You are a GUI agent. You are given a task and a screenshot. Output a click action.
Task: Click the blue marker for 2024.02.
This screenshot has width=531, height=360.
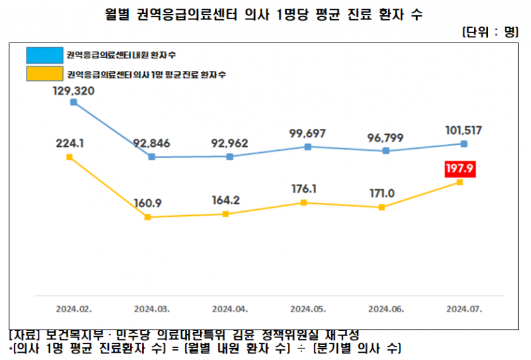tap(74, 102)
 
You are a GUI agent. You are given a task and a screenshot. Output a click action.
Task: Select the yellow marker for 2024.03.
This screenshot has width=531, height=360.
tap(147, 217)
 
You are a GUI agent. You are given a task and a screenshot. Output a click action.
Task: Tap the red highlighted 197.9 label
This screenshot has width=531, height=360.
tap(460, 169)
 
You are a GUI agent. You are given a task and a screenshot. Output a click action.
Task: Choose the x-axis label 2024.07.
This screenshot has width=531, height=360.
tap(464, 309)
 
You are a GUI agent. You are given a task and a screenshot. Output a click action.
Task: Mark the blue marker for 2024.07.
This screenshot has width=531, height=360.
tap(464, 143)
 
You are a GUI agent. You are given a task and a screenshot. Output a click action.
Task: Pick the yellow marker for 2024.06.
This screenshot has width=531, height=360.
tap(382, 207)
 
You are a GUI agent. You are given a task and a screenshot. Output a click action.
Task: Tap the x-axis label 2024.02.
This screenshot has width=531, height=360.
tap(74, 309)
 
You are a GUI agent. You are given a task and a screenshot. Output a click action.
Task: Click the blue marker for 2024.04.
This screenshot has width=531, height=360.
tap(230, 157)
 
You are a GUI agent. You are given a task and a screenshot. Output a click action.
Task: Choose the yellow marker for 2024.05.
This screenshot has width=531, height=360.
tap(304, 203)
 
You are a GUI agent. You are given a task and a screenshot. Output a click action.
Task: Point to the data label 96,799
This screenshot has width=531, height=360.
tap(386, 139)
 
